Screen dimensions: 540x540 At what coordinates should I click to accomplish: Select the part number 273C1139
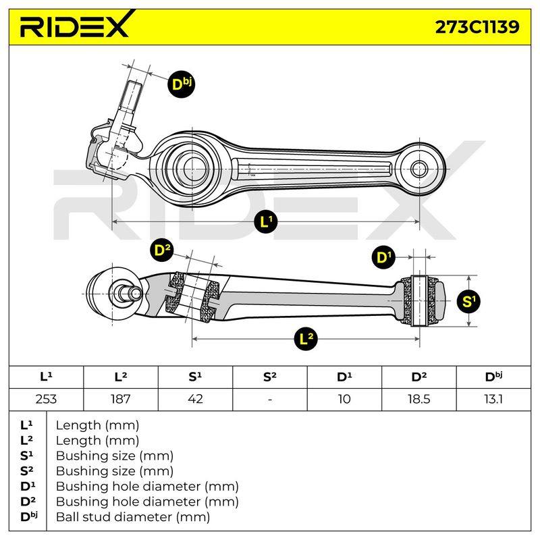click(x=477, y=27)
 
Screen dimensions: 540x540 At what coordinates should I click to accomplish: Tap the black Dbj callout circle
click(x=181, y=84)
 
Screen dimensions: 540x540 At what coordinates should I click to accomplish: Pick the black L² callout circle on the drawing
click(x=306, y=339)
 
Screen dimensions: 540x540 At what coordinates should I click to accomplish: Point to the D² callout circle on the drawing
click(x=162, y=250)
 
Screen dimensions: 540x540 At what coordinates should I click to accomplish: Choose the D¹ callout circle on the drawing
click(x=383, y=257)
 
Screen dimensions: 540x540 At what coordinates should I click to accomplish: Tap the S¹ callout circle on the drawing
click(x=468, y=301)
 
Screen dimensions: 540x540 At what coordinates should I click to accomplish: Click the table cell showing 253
click(x=46, y=399)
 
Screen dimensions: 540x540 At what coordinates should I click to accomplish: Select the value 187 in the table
click(x=121, y=399)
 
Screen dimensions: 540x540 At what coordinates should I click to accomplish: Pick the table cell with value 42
click(x=195, y=399)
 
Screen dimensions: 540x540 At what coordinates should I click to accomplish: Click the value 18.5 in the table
click(x=418, y=399)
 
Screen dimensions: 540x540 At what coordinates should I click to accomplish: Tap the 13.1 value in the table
click(x=493, y=399)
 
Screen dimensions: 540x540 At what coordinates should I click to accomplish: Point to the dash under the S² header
click(x=269, y=400)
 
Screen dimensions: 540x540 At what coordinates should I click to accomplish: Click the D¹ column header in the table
click(x=344, y=377)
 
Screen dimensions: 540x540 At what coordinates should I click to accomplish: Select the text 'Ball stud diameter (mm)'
click(x=132, y=517)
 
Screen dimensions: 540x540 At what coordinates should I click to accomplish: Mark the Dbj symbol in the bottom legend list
click(x=28, y=516)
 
